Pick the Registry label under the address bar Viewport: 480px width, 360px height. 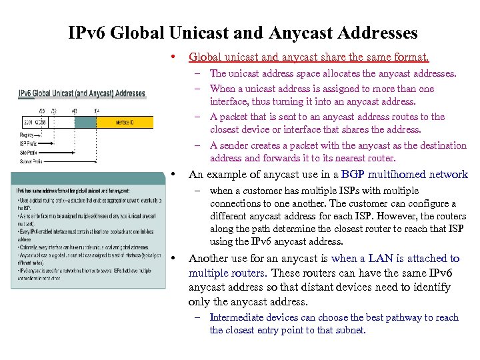click(x=28, y=135)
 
